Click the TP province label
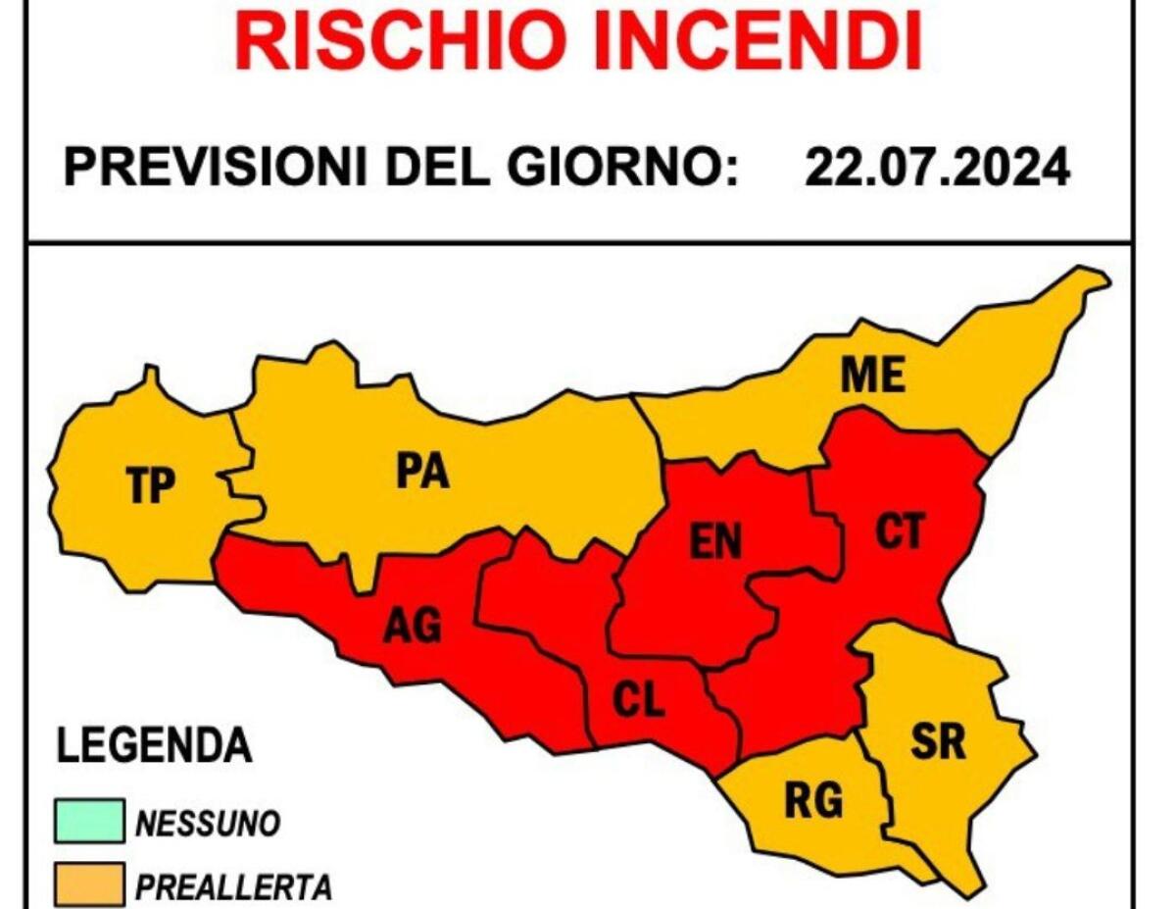(151, 485)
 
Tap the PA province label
(422, 472)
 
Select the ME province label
(872, 375)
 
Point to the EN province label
(716, 541)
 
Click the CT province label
(899, 530)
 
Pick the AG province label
(413, 625)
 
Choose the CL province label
(638, 700)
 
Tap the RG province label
(813, 801)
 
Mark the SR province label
(938, 742)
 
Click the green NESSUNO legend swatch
(89, 822)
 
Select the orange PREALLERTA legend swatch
(89, 884)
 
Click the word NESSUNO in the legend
(208, 824)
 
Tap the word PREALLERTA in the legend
(233, 887)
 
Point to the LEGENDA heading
(154, 746)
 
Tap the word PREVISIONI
(217, 169)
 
